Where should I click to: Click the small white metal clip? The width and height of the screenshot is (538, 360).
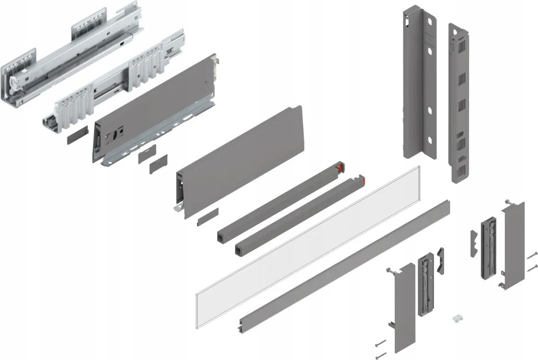456,319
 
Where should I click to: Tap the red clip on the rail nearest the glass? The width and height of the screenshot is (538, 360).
361,181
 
